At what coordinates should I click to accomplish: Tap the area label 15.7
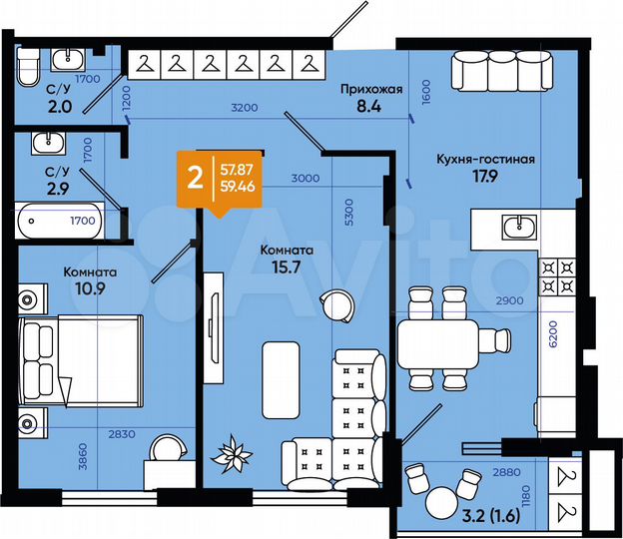287,267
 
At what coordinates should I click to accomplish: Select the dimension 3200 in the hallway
244,107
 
